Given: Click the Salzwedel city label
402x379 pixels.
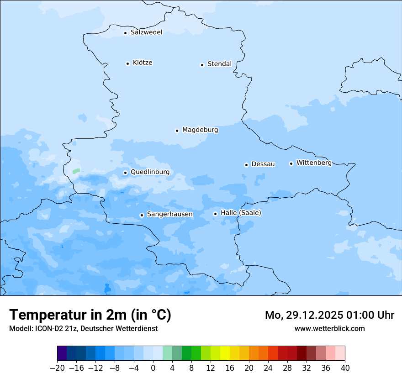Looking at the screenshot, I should (146, 32).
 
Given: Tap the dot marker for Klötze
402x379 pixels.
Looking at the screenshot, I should (127, 63).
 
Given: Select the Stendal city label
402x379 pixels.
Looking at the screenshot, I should (219, 64).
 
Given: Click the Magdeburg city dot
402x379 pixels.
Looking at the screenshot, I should (177, 131).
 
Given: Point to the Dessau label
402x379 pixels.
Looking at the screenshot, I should (263, 164).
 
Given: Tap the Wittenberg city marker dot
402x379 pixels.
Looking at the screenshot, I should (291, 163).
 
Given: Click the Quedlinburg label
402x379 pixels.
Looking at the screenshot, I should (150, 172).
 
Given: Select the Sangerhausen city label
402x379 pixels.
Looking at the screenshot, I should (169, 214).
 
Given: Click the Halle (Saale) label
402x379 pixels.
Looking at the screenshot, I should (241, 213).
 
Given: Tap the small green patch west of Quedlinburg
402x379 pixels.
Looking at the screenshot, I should (76, 171).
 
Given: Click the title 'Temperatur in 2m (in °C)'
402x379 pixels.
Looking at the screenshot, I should (90, 315).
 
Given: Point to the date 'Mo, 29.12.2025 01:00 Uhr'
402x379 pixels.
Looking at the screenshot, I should (329, 315).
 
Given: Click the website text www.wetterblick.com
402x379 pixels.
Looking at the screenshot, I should (329, 328).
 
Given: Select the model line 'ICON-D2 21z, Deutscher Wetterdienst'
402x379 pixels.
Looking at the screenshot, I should (83, 328).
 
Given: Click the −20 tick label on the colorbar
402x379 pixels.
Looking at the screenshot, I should (58, 368).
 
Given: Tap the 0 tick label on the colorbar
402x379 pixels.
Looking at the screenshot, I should (153, 368).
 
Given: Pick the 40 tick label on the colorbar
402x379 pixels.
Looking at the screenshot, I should (345, 368).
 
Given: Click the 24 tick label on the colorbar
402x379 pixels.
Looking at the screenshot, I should (268, 368).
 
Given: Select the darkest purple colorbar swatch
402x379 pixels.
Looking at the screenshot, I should (62, 353).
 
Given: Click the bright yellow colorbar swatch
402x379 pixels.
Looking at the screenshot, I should (225, 353).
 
